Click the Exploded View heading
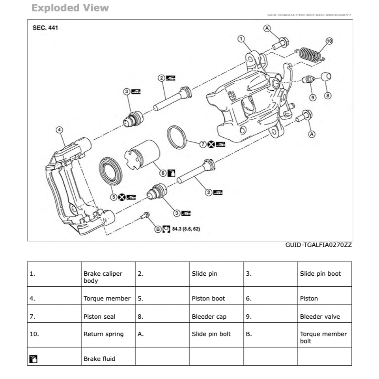tap(70, 8)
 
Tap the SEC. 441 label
tap(45, 28)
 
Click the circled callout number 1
tap(241, 39)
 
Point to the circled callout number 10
tap(329, 41)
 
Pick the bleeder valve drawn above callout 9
tap(308, 80)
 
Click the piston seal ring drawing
tap(177, 136)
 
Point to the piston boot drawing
tap(110, 170)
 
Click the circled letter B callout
tap(158, 229)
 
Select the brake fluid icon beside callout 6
tap(171, 173)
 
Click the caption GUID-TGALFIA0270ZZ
tap(318, 245)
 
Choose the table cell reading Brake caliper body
tap(103, 277)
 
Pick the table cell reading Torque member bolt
tap(323, 337)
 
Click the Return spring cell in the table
tap(103, 334)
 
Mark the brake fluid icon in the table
tap(34, 359)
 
